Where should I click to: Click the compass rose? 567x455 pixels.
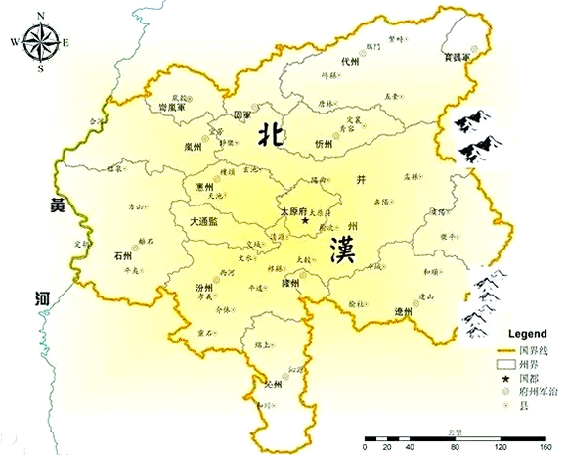click(41, 43)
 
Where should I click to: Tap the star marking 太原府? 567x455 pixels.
click(305, 221)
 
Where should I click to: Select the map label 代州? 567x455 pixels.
click(348, 61)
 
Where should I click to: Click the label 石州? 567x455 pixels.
click(122, 256)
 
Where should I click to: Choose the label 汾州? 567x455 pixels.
click(202, 289)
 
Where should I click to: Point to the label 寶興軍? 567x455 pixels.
click(456, 57)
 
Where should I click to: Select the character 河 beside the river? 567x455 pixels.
click(41, 295)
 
